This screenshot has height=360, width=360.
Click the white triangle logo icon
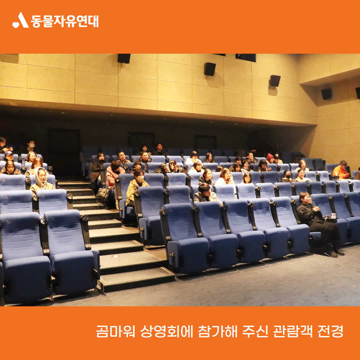[21, 20]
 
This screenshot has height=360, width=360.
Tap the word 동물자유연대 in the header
[65, 21]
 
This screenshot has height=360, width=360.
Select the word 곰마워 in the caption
[115, 331]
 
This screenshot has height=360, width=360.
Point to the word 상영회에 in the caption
[167, 331]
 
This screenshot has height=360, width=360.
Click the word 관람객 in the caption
[293, 331]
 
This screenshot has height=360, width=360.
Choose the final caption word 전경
[330, 331]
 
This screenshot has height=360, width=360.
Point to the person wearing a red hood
[270, 158]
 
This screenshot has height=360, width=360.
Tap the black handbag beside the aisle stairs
[104, 195]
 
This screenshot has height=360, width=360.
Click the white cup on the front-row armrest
[333, 216]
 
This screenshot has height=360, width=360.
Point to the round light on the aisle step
[115, 256]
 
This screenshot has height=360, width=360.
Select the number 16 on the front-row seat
[8, 222]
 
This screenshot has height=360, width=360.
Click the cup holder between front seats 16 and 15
[44, 221]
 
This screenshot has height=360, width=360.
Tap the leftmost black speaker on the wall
[124, 58]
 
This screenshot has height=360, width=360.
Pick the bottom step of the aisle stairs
[137, 279]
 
